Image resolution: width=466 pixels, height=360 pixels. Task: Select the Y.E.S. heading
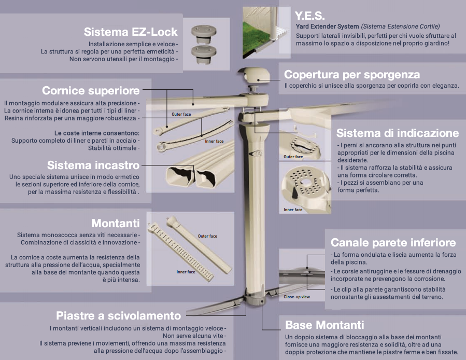tap(310, 15)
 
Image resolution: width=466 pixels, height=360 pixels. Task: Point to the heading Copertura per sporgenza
tap(352, 75)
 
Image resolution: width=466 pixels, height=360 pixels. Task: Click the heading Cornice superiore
tap(91, 90)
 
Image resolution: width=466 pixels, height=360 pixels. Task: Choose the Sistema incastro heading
tap(93, 165)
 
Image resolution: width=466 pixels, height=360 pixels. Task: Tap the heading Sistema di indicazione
tap(398, 133)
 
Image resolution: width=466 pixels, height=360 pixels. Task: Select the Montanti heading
tap(116, 224)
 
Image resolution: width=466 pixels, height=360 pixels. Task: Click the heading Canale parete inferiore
tap(393, 243)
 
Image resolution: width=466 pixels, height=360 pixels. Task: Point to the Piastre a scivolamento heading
tap(119, 315)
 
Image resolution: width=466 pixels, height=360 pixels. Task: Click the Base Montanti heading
tap(324, 326)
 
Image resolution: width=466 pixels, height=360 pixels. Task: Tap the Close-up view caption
tap(296, 297)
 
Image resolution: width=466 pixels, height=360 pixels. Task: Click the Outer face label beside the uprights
tap(207, 236)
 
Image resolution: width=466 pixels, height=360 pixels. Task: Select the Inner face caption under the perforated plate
tap(293, 210)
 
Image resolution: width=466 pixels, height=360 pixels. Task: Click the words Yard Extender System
tap(327, 26)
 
